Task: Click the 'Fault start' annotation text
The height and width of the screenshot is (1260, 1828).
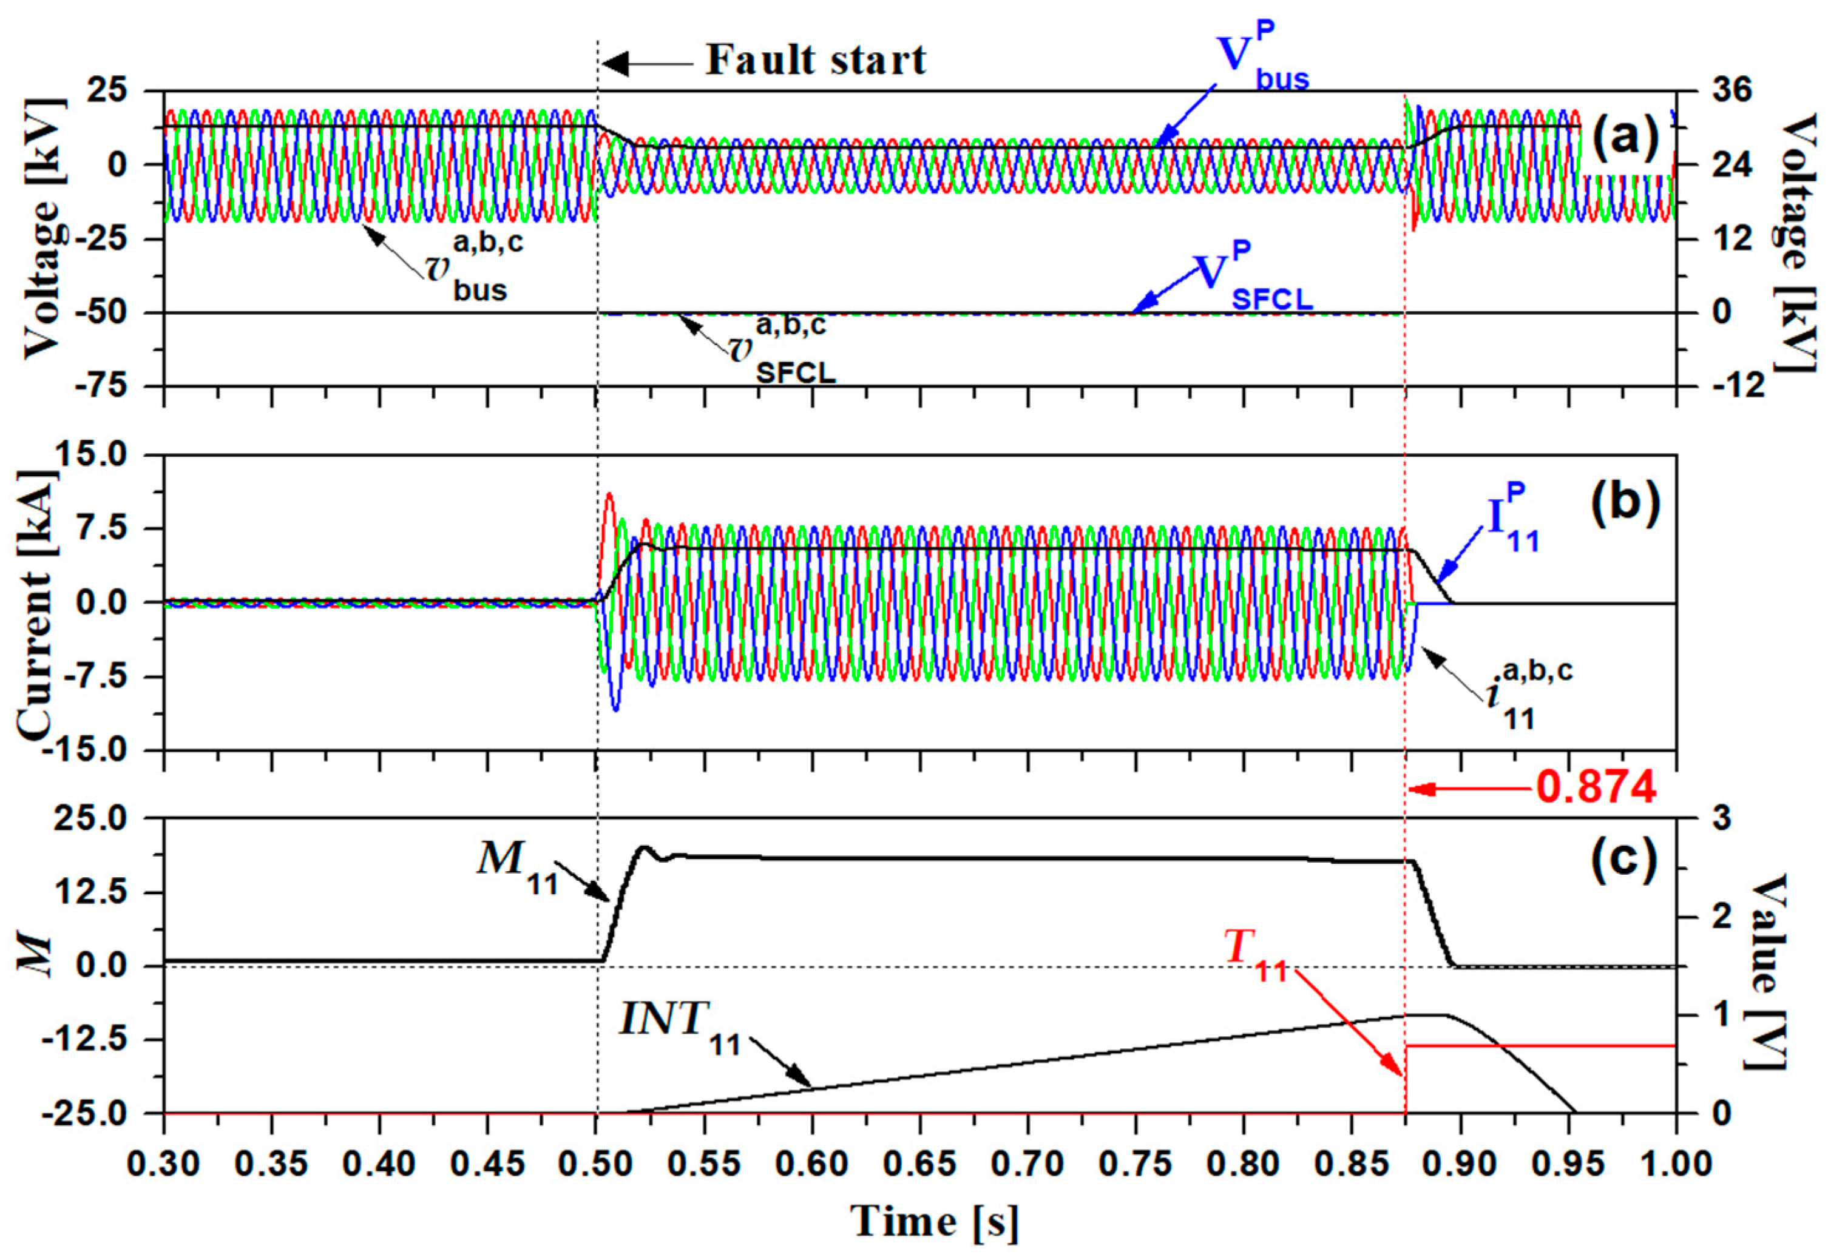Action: point(815,60)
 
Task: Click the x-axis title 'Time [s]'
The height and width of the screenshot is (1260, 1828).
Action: point(935,1221)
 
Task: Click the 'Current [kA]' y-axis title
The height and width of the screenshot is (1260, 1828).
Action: point(36,602)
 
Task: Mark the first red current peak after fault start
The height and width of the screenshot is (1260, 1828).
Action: point(608,496)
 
